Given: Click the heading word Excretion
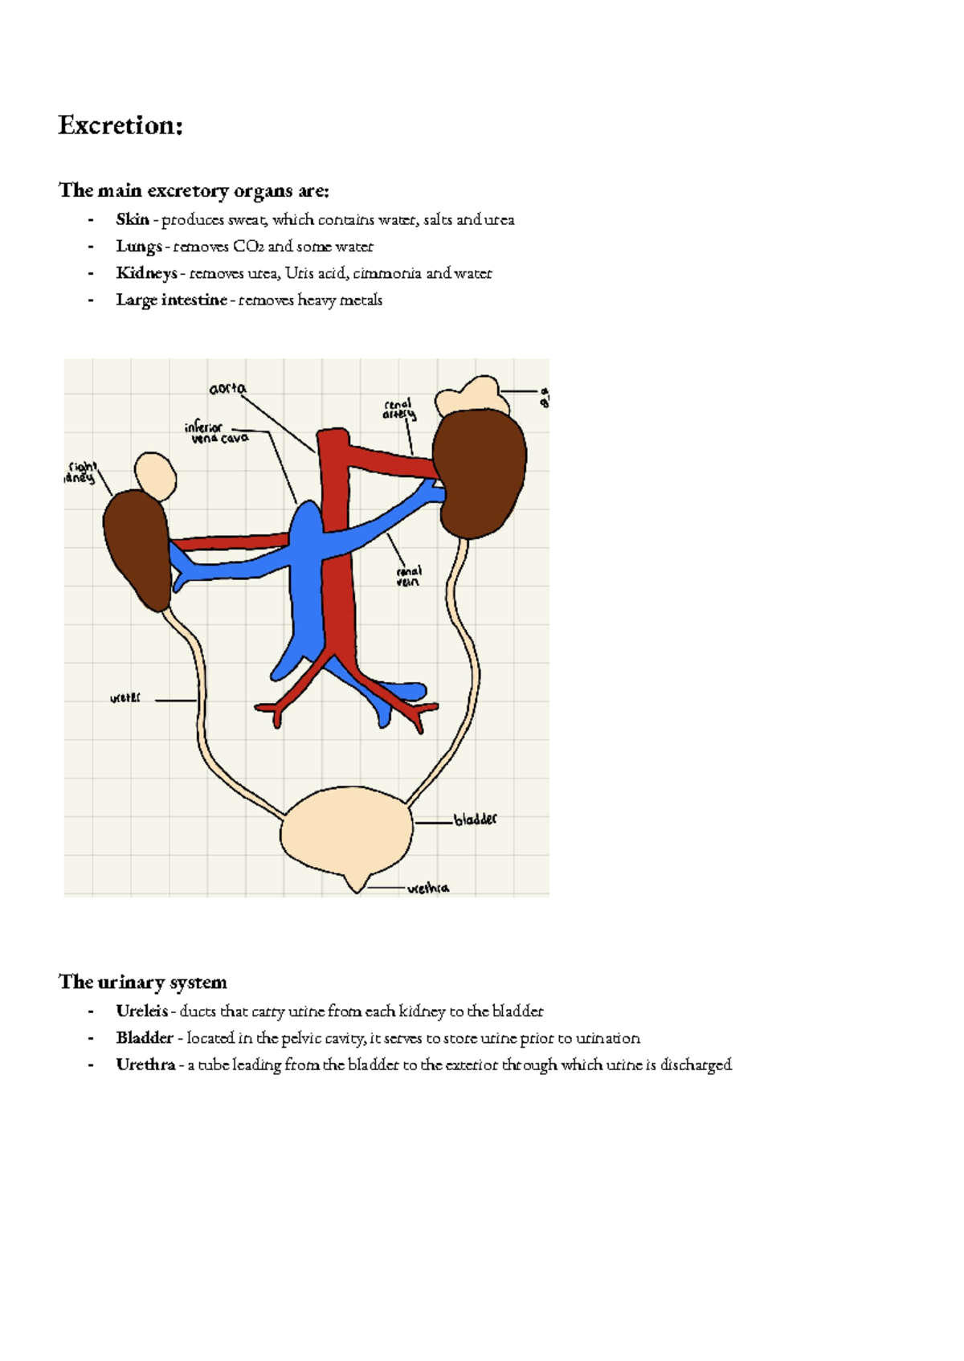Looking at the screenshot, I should click(120, 126).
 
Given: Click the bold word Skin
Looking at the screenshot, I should click(133, 219).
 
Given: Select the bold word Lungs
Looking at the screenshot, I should click(139, 247).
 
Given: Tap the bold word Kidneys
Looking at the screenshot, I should click(146, 273).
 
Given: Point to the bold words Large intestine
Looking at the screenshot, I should click(171, 300).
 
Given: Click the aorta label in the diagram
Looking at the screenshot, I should click(227, 389).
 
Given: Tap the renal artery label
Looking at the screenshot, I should click(399, 410).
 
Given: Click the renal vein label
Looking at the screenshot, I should click(409, 576).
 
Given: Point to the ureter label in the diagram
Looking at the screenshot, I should click(125, 699).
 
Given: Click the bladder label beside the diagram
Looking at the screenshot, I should click(475, 819).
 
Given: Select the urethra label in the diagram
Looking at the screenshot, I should click(428, 889).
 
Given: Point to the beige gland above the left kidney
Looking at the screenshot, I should click(156, 475).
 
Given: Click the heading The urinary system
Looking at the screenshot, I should click(143, 982).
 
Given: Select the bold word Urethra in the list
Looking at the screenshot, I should click(145, 1065).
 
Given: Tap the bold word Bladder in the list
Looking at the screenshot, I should click(145, 1038).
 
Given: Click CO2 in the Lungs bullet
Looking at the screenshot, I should click(248, 247).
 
